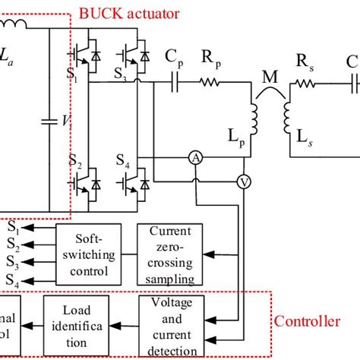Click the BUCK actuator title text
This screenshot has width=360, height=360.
128,14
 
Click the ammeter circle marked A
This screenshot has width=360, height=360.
195,156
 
